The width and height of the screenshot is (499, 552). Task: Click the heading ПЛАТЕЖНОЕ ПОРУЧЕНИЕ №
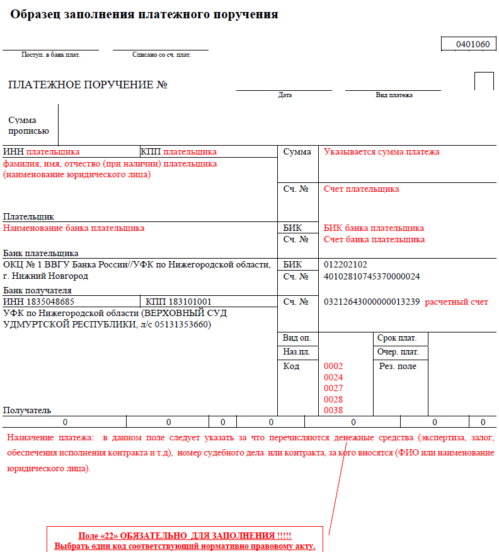[88, 85]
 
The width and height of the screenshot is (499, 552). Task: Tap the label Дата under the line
[285, 95]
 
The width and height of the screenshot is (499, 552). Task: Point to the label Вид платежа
[394, 95]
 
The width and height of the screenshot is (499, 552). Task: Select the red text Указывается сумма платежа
[381, 152]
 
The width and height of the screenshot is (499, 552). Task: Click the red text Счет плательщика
[361, 189]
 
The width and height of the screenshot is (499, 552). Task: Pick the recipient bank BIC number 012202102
[345, 264]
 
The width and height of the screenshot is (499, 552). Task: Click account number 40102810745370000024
[372, 276]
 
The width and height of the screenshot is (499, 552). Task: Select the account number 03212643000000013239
[372, 302]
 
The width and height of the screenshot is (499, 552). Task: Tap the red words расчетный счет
[456, 302]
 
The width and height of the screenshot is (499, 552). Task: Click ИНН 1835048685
[38, 302]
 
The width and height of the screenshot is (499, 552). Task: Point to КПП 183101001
[178, 302]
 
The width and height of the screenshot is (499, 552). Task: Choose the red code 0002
[333, 366]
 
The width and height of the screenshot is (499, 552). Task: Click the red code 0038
[333, 410]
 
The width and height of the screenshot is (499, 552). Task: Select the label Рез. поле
[398, 366]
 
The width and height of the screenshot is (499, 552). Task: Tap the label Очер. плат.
[398, 352]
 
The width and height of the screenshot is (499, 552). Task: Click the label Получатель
[27, 410]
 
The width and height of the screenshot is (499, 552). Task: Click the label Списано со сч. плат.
[161, 55]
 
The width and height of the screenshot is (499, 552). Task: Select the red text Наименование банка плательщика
[74, 228]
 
